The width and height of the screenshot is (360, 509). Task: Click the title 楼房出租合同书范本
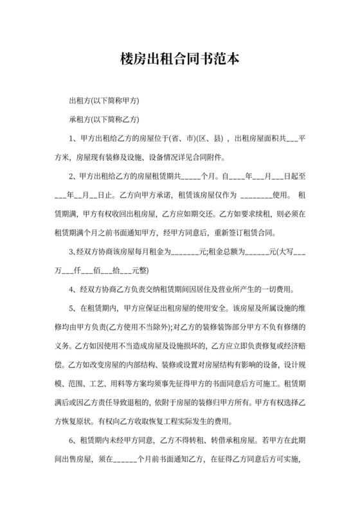[x=179, y=59]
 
